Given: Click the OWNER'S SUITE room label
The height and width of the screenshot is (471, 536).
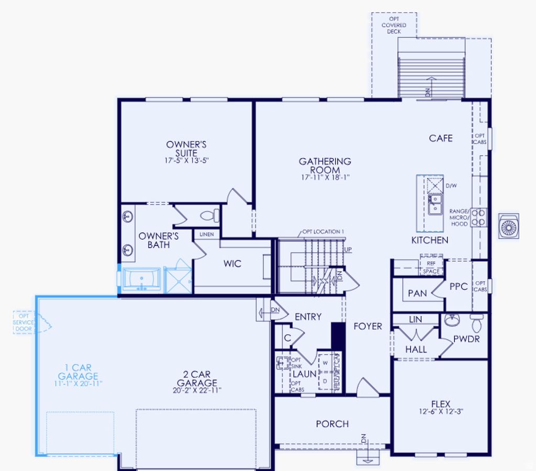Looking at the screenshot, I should pos(186,149).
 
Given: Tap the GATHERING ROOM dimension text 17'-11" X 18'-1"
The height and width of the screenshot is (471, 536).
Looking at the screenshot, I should pos(325,178).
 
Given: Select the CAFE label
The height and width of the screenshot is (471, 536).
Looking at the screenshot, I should pos(441,138).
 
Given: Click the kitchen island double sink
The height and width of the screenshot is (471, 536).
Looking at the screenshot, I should pos(434,204).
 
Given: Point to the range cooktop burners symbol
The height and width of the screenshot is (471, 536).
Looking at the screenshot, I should pos(478,217).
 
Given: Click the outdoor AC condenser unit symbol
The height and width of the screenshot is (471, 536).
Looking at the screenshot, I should pos(509,227).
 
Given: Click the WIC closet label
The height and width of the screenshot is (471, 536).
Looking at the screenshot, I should pos(232,264).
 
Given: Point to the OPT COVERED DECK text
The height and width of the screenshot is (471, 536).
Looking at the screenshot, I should pos(394,25).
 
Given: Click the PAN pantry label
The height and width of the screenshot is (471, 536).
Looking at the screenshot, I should pos(417,294).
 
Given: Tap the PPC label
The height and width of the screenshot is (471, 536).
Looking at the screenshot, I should pos(459,287).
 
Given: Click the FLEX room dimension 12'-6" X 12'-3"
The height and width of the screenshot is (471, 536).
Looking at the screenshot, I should pos(441,412).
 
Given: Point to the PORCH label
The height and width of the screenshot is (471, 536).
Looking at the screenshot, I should pos(332,424).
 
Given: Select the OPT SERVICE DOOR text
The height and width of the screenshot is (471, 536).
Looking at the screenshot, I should pos(24,322).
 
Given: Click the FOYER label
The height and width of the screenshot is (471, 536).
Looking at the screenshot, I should pos(368,326).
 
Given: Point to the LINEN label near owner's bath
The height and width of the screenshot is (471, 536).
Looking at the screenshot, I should pos(207,234).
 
